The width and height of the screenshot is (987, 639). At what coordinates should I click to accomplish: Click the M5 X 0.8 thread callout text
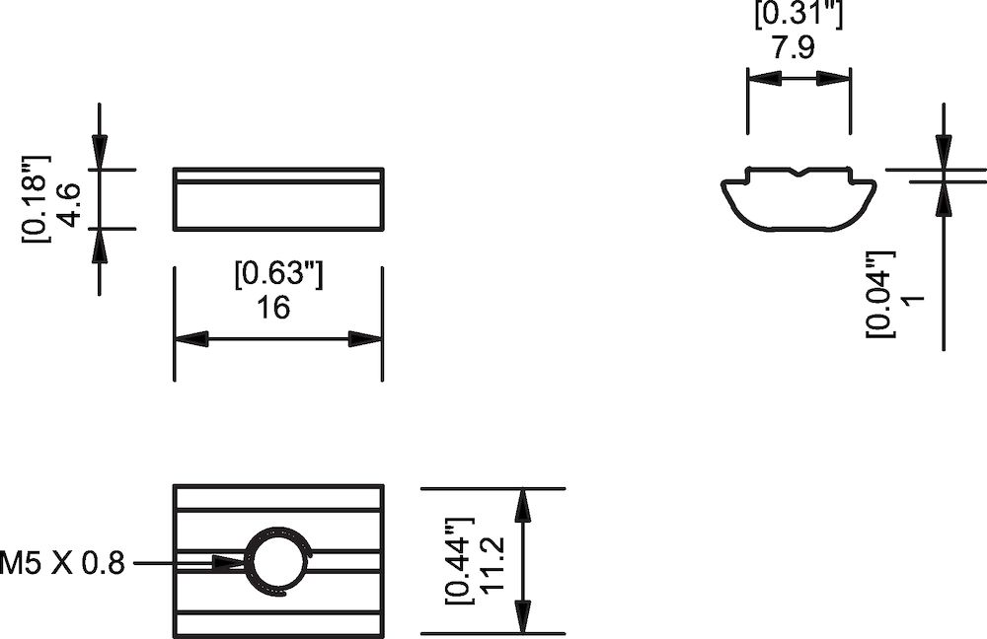click(63, 563)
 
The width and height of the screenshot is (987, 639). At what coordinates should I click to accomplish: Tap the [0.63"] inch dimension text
click(277, 273)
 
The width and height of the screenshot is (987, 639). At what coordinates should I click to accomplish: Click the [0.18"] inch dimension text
click(36, 197)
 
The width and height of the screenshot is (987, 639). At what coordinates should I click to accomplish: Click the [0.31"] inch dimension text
click(798, 14)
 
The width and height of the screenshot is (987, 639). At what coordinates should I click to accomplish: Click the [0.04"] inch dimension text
click(878, 293)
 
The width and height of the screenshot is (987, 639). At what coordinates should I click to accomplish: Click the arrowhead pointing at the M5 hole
click(231, 563)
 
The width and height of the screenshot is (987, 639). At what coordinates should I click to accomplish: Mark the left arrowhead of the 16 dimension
click(191, 339)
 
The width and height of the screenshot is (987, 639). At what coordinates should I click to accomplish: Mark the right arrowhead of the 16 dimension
click(365, 339)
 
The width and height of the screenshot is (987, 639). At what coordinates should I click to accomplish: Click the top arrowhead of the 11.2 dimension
click(523, 505)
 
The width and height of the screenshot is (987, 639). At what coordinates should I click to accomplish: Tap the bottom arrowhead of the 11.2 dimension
click(523, 617)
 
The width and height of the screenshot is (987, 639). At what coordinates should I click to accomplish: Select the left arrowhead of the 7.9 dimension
click(762, 80)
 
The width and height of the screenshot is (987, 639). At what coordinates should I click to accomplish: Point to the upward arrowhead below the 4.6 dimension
click(100, 247)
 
